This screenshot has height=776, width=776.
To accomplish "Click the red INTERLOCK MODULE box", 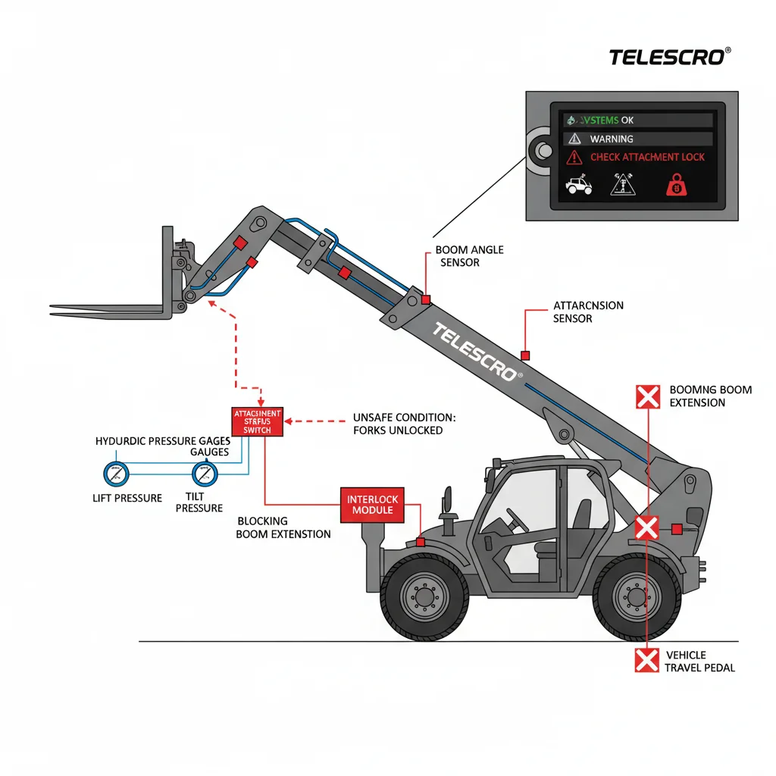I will (372, 505).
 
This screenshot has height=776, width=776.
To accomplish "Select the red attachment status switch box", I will (257, 422).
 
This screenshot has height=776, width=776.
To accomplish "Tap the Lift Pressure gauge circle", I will (116, 475).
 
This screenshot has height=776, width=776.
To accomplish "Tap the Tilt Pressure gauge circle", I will (203, 475).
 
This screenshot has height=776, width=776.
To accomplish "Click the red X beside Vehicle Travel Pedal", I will (646, 661).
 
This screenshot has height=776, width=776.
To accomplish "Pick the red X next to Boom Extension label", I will (646, 396).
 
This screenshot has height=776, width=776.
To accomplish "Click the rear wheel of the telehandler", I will (635, 596).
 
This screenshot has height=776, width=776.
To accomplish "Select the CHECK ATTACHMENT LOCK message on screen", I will (646, 158).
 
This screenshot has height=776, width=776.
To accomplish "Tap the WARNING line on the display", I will (612, 139).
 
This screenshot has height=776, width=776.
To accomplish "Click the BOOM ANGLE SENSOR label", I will (469, 256).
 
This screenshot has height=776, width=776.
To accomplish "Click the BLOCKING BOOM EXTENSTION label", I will (283, 527).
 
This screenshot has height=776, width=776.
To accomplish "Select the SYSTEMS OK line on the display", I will (606, 120).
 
